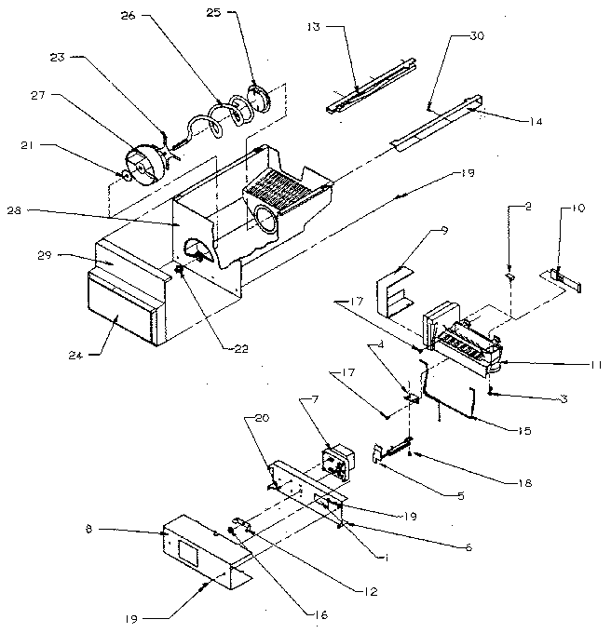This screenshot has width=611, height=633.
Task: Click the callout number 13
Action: click(311, 28)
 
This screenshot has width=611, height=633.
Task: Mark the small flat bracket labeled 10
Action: click(563, 276)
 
